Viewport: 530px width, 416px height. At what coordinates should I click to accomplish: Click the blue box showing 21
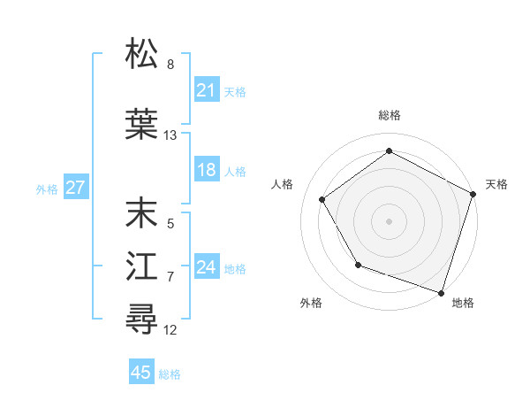pos(206,90)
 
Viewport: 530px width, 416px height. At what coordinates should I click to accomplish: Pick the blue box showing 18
pos(206,170)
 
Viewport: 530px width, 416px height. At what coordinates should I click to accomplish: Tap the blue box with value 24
pos(206,267)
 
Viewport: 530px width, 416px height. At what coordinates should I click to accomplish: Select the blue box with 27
pos(75,188)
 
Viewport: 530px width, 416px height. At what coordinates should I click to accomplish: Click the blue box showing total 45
pos(141,373)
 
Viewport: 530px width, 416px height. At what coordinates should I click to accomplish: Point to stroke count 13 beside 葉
pos(170,135)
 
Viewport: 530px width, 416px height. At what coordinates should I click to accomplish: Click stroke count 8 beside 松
pos(170,65)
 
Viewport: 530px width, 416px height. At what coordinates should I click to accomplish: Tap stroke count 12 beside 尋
pos(170,330)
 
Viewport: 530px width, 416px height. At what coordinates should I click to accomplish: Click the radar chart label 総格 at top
pos(389,115)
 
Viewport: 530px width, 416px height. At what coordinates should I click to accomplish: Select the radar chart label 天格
pos(496,184)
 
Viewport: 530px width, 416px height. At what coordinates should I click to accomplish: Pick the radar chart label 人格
pos(283,184)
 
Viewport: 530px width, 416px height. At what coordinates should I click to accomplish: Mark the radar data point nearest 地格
pos(441,292)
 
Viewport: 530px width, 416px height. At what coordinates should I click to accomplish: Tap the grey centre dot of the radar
pos(389,221)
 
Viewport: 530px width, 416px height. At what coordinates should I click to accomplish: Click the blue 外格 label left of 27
pos(46,189)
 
